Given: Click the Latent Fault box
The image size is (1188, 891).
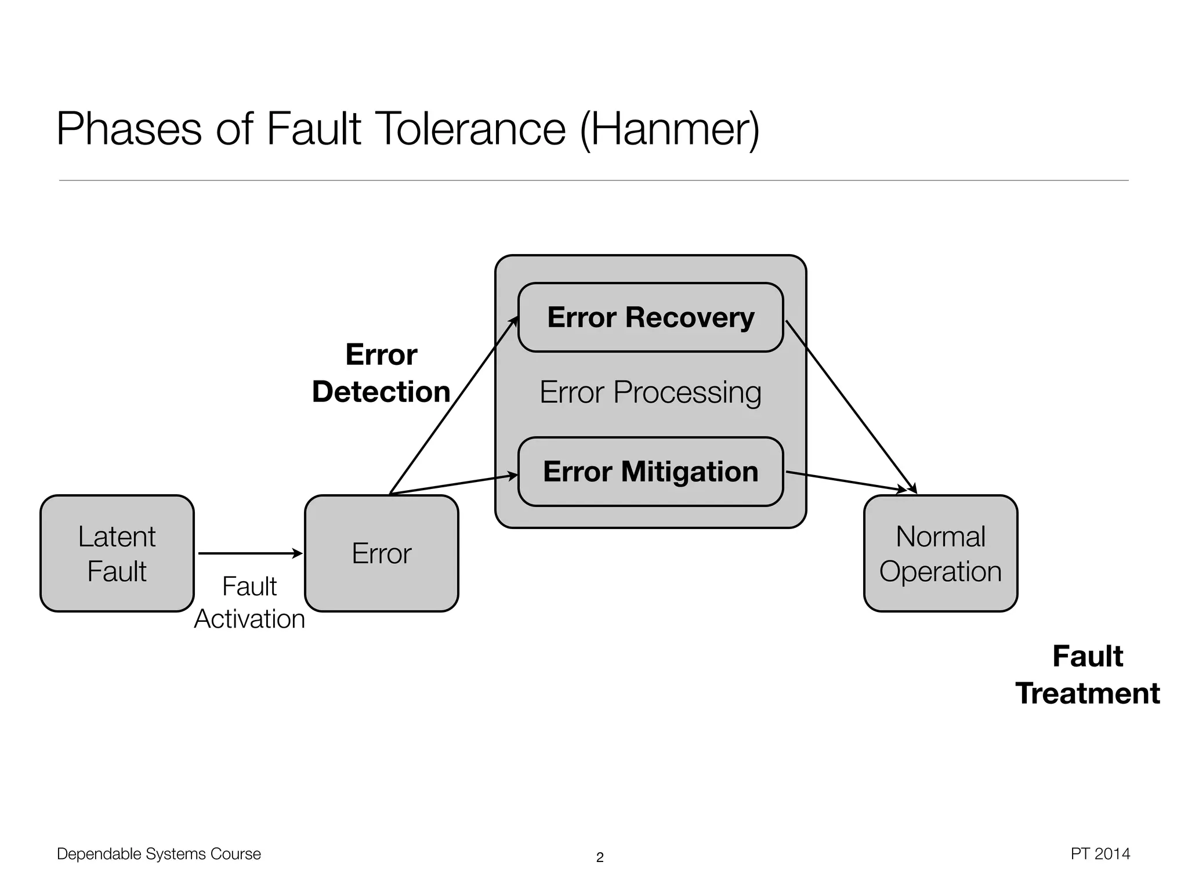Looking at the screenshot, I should [x=117, y=553].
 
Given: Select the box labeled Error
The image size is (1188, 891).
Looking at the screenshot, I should [x=381, y=553].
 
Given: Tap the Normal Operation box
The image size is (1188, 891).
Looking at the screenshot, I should [x=940, y=553].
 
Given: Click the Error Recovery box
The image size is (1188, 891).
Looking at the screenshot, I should [x=650, y=317].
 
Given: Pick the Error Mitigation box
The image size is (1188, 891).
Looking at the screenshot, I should [x=650, y=472].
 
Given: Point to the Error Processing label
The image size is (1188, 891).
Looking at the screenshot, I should [x=650, y=393].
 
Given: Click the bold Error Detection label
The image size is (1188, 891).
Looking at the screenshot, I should [x=381, y=373].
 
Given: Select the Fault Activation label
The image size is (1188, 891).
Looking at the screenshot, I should [x=249, y=603].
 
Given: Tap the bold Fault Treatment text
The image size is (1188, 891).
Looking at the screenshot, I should [x=1087, y=675].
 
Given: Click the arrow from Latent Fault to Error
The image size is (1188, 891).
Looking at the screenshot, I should [x=249, y=553].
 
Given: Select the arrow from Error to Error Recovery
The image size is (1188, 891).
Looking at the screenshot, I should [x=452, y=406].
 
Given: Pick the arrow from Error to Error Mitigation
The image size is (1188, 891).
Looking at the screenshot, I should [x=452, y=484].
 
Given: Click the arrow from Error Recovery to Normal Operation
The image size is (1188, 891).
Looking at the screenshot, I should [x=850, y=406].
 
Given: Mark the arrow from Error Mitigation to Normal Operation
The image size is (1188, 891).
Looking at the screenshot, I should [x=847, y=482].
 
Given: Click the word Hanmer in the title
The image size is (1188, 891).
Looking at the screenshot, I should [x=670, y=129].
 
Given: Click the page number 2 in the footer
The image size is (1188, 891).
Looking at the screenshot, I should [x=600, y=857].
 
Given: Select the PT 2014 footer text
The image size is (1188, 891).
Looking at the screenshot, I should [x=1100, y=854].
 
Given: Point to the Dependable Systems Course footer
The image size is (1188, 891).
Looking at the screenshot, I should [x=158, y=854].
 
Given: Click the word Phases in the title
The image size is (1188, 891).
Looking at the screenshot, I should [x=129, y=129].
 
